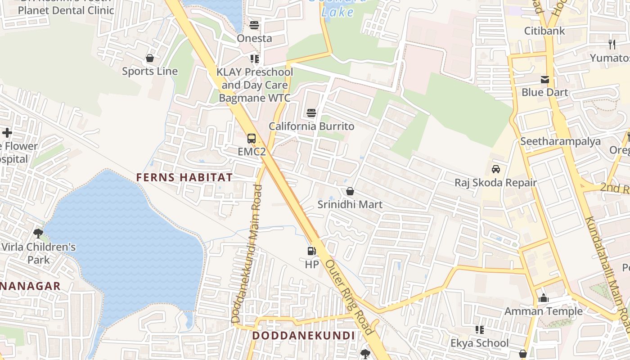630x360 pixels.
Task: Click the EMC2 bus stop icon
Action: tap(251, 139)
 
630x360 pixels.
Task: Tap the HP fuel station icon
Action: tap(311, 251)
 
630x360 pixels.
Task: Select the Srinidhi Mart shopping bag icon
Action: tap(350, 192)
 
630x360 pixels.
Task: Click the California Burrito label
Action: tap(311, 126)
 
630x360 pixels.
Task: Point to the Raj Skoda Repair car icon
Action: tap(495, 169)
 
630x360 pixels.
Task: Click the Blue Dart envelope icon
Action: tap(544, 80)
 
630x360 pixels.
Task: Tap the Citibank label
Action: tap(544, 31)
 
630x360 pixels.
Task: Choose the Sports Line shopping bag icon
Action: tap(150, 58)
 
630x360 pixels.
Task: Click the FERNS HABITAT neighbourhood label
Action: tap(184, 177)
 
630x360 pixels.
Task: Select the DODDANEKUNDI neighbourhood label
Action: tap(304, 336)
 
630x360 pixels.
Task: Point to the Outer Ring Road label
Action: tap(349, 297)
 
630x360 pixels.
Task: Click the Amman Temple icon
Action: tap(544, 298)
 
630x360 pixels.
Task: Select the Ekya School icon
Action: tap(480, 330)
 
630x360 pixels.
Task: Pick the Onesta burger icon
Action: tap(254, 25)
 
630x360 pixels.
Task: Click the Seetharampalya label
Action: tap(560, 141)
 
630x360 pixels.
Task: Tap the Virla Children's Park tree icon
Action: tap(38, 234)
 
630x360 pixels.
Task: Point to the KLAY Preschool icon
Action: tap(255, 59)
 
